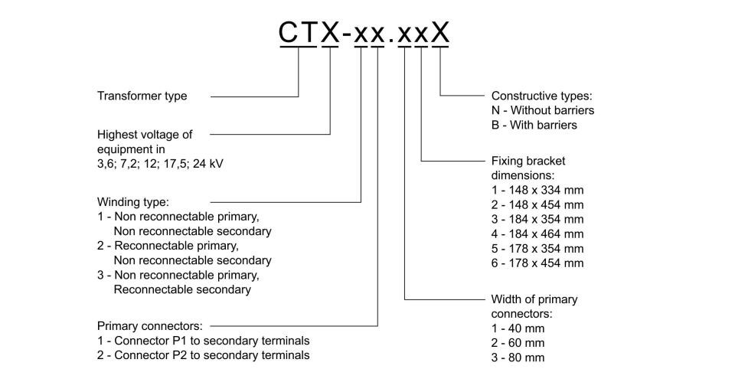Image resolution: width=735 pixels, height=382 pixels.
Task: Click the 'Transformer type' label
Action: coord(142,96)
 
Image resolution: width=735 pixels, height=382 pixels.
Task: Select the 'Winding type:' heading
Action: coord(132,202)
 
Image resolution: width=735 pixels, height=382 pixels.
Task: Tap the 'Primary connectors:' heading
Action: coord(150,326)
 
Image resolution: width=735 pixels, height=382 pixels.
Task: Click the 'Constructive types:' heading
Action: coord(542,96)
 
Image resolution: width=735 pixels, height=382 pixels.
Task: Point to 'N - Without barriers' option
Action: coord(543,110)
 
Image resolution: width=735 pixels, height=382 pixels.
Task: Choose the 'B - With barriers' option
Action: coord(534,125)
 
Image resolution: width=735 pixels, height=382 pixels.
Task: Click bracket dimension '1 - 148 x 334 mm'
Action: coord(537,191)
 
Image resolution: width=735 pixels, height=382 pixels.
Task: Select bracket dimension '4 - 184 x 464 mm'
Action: coord(537,234)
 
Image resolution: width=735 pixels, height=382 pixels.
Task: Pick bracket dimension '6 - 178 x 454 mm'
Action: coord(537,263)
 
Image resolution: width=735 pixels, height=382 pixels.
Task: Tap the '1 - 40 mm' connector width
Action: coord(518,328)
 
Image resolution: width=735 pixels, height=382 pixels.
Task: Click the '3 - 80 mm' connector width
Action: coord(518,358)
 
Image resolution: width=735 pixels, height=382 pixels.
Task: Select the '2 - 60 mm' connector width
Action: coord(518,343)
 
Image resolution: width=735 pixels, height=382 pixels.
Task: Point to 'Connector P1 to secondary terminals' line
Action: coord(212,341)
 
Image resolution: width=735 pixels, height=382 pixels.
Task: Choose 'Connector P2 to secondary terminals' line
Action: coord(212,355)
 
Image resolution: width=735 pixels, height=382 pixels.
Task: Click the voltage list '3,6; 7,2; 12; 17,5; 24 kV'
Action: coord(160,164)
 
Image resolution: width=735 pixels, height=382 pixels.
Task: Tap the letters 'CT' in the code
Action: coord(299,33)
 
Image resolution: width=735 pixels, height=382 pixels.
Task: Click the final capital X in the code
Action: coord(440,33)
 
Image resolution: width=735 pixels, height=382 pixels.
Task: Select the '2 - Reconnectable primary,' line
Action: coord(168,246)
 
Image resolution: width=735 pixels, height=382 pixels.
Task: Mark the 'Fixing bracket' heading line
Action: coord(528,162)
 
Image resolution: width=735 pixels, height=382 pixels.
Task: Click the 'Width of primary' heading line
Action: coord(534,299)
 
